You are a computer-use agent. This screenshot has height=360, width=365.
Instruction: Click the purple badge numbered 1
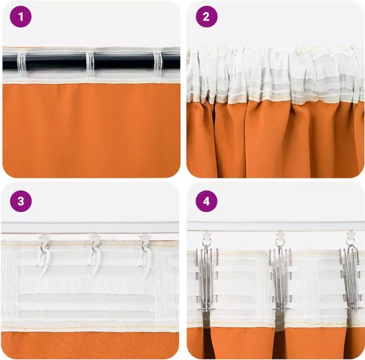click(x=21, y=17)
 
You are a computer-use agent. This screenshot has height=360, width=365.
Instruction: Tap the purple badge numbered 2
click(x=207, y=17)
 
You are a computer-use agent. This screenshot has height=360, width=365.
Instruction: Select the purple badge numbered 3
click(x=21, y=201)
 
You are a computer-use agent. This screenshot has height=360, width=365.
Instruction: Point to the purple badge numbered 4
click(x=207, y=201)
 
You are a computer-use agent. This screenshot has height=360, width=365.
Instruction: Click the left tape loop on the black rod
click(x=21, y=62)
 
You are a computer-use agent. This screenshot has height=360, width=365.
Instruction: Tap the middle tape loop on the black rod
click(x=90, y=62)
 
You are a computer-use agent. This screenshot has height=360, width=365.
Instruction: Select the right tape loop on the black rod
click(x=157, y=62)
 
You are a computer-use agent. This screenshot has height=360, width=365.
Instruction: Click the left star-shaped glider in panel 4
click(x=207, y=235)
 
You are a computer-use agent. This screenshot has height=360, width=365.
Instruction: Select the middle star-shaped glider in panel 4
click(x=280, y=235)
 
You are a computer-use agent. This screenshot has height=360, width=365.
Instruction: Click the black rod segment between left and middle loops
click(x=56, y=62)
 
